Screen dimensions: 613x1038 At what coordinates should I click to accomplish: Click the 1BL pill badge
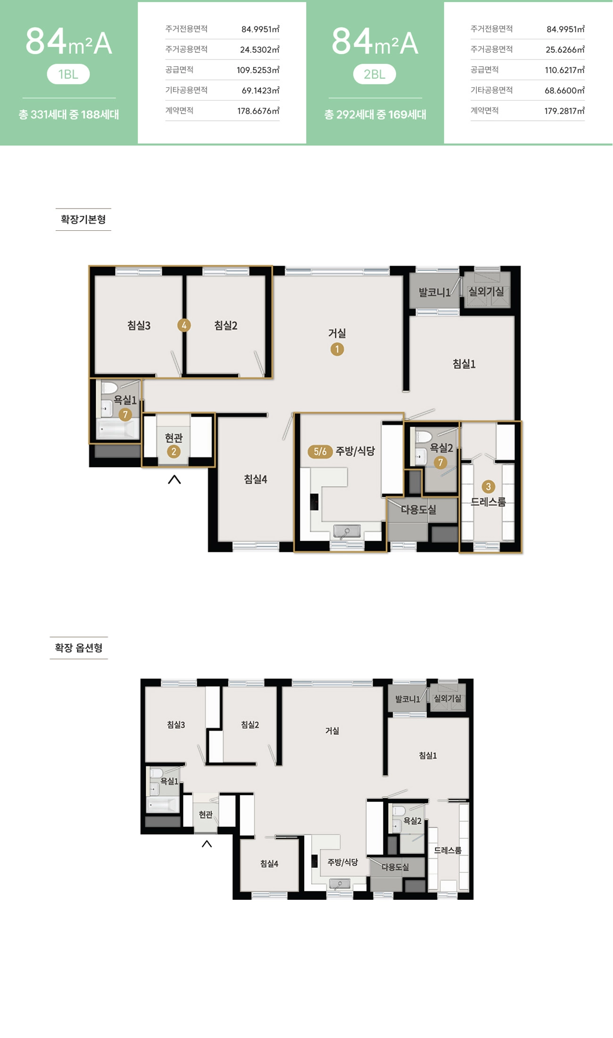(68, 74)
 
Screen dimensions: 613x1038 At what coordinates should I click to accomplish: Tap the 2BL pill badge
(374, 74)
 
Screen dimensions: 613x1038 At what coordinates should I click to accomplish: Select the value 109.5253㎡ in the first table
(258, 70)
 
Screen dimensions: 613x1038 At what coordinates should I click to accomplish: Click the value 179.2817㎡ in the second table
(564, 111)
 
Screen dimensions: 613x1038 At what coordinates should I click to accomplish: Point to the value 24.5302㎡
(260, 50)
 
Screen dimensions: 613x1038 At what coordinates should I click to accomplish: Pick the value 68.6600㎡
(564, 91)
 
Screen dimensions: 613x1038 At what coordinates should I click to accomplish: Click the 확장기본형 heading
(83, 219)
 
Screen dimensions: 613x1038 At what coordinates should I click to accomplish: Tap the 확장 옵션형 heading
(79, 648)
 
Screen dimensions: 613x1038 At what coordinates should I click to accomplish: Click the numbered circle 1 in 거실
(337, 349)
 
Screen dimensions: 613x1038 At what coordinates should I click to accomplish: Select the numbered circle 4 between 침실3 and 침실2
(184, 325)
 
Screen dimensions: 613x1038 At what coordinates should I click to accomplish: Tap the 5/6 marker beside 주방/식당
(320, 452)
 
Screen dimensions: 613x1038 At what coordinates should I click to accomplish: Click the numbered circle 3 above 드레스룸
(488, 486)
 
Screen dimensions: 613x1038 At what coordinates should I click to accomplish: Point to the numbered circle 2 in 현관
(174, 452)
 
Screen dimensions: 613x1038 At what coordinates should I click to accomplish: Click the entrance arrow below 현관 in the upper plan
(174, 479)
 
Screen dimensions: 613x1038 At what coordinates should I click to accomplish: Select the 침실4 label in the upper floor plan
(256, 479)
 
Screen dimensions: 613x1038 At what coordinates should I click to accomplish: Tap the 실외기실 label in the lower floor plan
(447, 698)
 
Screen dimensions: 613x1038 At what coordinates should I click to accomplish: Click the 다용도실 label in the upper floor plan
(418, 510)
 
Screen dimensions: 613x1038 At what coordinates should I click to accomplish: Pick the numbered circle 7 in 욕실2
(440, 462)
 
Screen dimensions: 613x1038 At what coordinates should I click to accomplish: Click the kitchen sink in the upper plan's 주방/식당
(347, 531)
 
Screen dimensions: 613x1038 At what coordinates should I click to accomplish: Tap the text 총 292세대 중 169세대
(375, 115)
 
